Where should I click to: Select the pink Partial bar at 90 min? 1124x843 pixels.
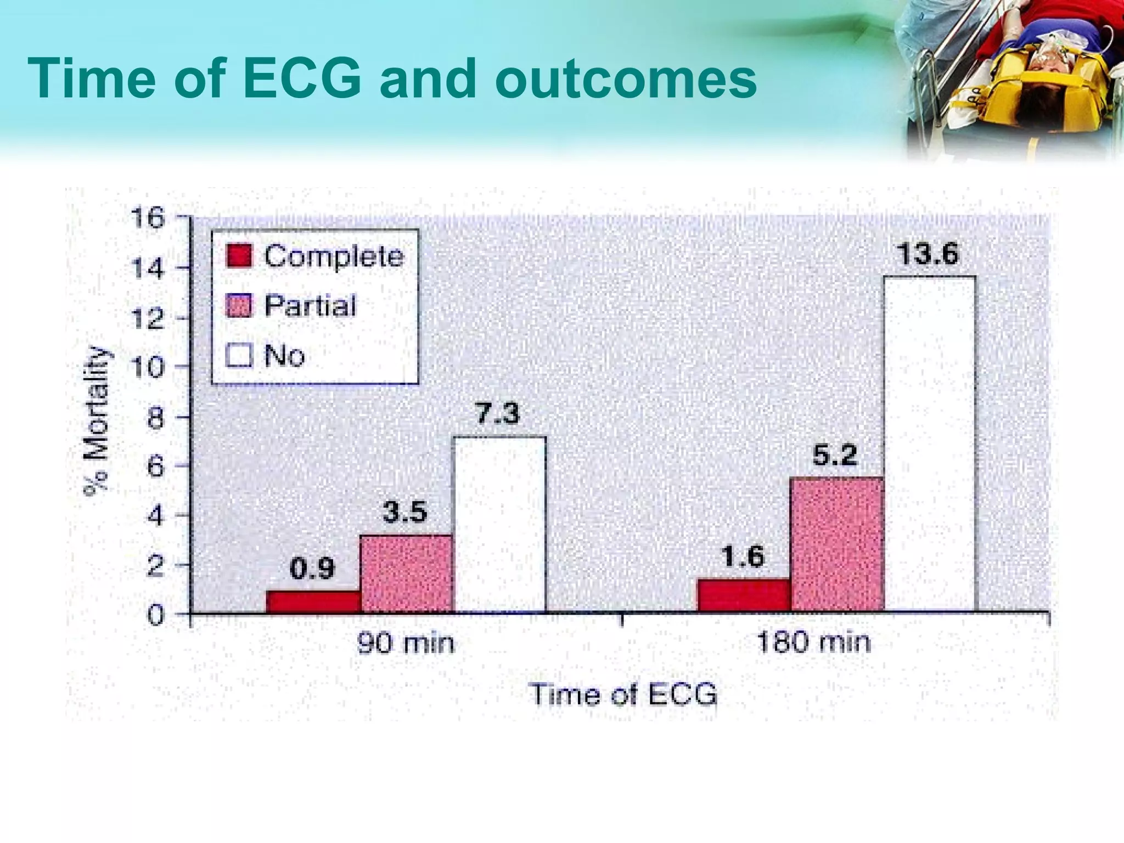406,573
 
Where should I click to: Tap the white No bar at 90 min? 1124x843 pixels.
499,524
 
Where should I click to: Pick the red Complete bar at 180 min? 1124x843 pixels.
744,595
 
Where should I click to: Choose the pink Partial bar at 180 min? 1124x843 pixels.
836,544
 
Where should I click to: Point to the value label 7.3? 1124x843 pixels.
497,414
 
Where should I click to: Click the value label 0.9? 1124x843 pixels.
312,569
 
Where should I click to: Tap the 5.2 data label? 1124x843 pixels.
834,456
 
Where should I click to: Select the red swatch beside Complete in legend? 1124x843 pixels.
239,256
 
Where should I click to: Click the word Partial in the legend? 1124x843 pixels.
310,306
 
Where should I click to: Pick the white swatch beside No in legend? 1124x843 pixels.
239,355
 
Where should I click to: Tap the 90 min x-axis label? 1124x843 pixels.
406,643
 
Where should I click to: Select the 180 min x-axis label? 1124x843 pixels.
813,643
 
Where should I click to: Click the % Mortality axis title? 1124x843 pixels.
97,420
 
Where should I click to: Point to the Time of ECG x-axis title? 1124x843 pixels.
623,695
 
